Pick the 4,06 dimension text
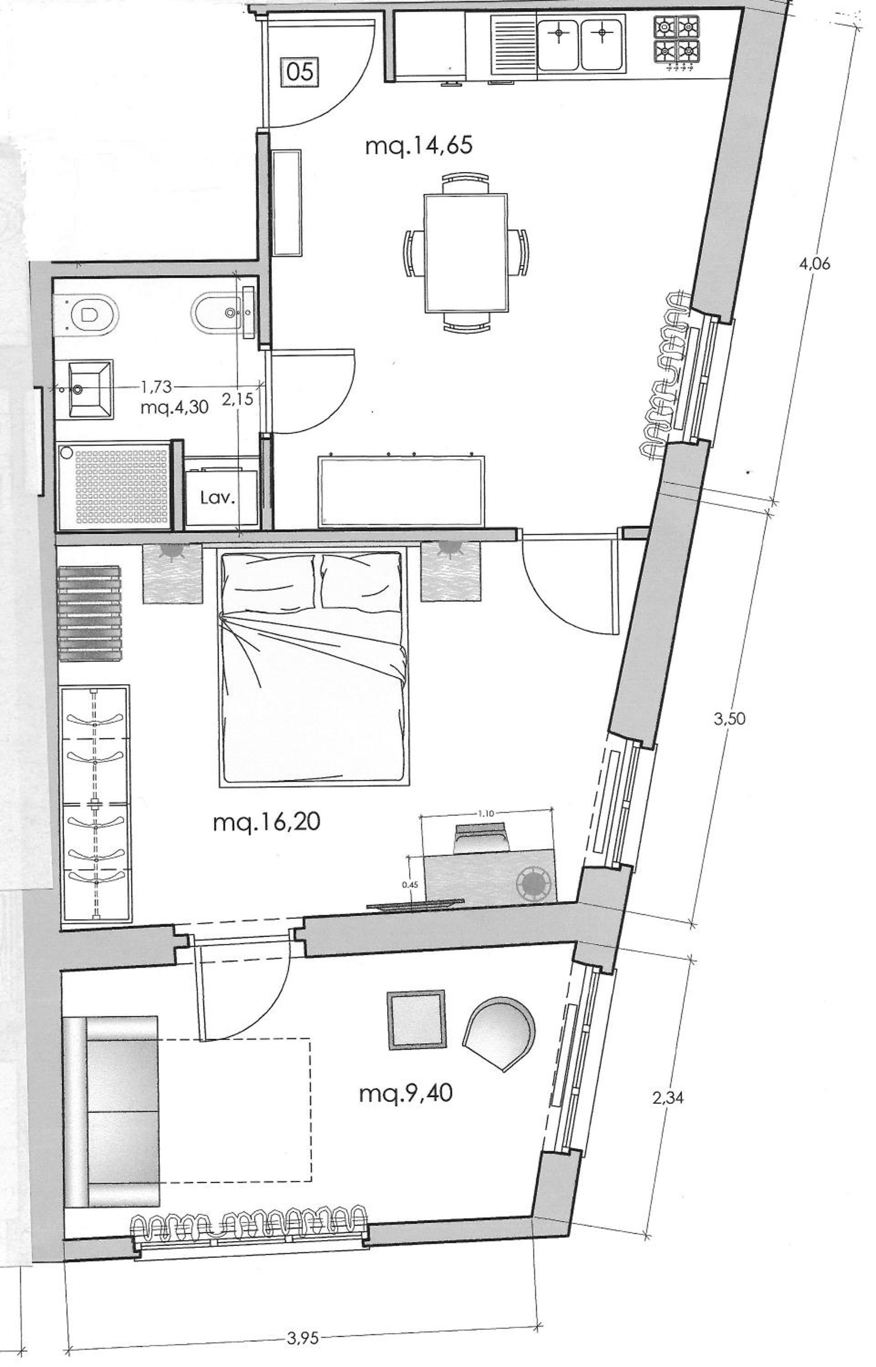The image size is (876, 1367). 814,264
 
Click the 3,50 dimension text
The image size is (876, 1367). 730,719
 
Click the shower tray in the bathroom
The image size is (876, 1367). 114,484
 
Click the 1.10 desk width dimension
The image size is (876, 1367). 486,813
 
